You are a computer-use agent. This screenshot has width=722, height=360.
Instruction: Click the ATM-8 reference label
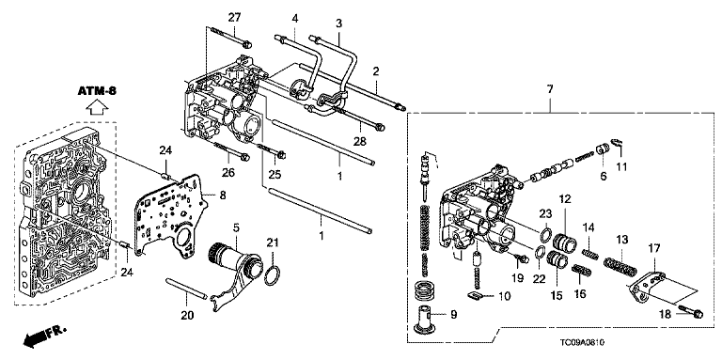click(97, 91)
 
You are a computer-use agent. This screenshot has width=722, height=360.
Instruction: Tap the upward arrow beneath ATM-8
click(97, 108)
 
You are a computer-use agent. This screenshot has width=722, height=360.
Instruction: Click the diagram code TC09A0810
click(582, 342)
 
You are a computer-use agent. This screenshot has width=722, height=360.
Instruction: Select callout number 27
click(234, 18)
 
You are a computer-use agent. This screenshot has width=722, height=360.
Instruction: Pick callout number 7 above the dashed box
click(550, 89)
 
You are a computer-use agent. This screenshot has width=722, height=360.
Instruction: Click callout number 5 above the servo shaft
click(236, 227)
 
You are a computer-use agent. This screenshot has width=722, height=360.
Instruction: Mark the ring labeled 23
click(544, 234)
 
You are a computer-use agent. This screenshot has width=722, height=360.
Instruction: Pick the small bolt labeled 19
click(521, 258)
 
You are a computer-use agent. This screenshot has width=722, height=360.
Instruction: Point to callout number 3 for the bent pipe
click(338, 23)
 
